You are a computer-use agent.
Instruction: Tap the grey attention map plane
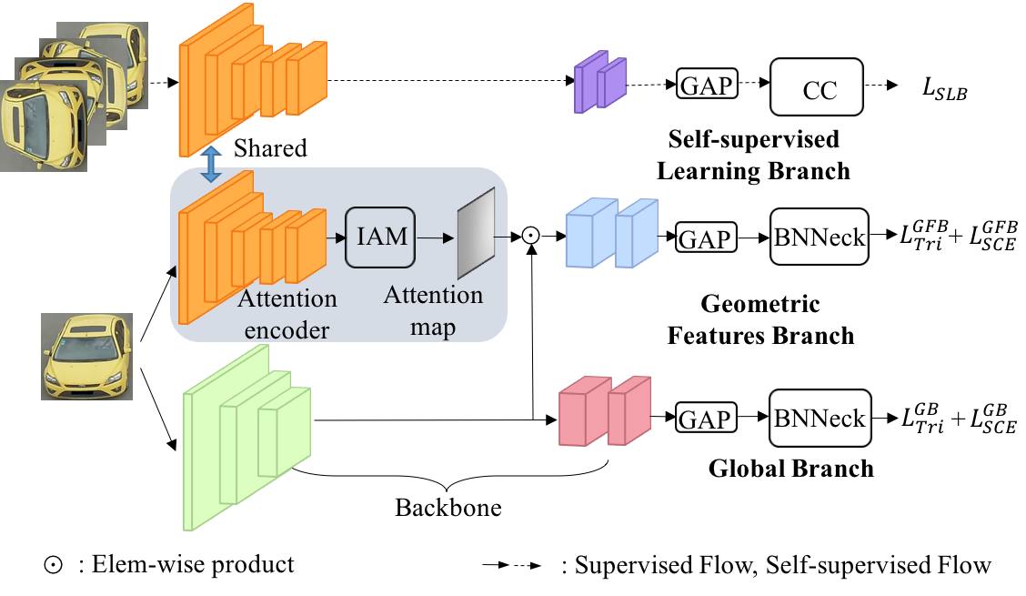pyautogui.click(x=476, y=234)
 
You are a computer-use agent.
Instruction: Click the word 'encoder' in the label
pyautogui.click(x=287, y=330)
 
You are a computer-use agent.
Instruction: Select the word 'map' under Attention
pyautogui.click(x=433, y=325)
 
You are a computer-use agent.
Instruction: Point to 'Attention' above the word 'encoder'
pyautogui.click(x=287, y=299)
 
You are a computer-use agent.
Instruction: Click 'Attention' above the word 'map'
pyautogui.click(x=433, y=296)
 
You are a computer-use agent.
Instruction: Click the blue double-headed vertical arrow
pyautogui.click(x=211, y=164)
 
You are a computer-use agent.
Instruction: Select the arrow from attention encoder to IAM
pyautogui.click(x=336, y=237)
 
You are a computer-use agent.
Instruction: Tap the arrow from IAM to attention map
pyautogui.click(x=436, y=237)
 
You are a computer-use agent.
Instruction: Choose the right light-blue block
pyautogui.click(x=635, y=234)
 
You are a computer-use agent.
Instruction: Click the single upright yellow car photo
pyautogui.click(x=86, y=357)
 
